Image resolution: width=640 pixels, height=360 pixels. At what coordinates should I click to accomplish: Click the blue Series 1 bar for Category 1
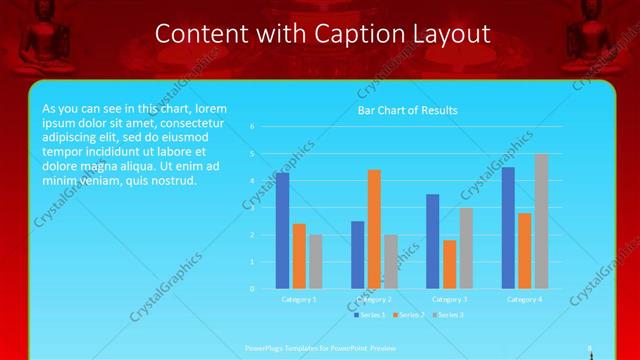click(282, 231)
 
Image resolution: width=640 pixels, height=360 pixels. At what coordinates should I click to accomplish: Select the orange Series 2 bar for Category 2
click(374, 229)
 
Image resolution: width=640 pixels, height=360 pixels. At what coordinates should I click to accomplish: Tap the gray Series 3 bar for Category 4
click(541, 221)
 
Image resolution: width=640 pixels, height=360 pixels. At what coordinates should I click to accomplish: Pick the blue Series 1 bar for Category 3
click(432, 241)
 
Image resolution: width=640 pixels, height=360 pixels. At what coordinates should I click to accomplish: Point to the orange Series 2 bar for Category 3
click(449, 264)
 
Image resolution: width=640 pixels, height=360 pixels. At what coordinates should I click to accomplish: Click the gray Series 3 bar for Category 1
click(316, 261)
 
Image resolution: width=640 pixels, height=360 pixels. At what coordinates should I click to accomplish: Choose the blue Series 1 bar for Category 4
click(508, 228)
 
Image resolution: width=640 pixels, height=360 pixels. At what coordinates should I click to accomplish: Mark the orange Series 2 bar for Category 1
click(299, 256)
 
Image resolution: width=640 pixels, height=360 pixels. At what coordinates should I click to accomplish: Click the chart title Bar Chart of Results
click(407, 110)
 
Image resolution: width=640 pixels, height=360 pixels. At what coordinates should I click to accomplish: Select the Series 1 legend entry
click(368, 315)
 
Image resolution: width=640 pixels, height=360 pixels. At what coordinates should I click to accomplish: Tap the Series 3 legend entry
click(450, 315)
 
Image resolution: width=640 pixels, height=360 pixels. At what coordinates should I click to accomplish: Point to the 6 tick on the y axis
click(253, 127)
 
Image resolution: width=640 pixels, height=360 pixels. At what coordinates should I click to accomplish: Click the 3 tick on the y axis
click(253, 208)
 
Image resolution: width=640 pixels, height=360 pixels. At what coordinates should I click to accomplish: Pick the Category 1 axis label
click(299, 299)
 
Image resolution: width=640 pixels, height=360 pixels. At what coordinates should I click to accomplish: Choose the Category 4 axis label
click(524, 299)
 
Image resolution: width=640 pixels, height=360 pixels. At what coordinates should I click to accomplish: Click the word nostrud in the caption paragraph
click(173, 181)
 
